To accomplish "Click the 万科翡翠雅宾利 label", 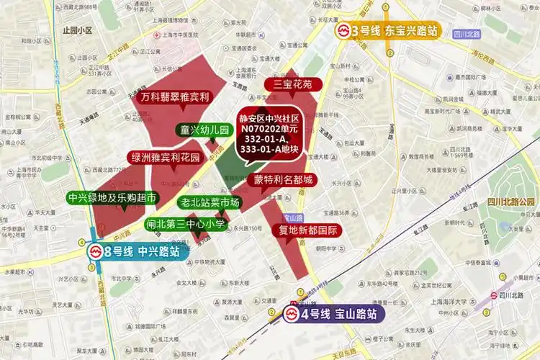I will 175,96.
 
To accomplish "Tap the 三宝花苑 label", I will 292,84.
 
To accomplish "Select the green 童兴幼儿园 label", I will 204,130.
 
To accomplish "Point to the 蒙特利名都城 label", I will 283,179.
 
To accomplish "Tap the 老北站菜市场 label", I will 210,202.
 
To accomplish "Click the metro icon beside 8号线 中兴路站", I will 96,252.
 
